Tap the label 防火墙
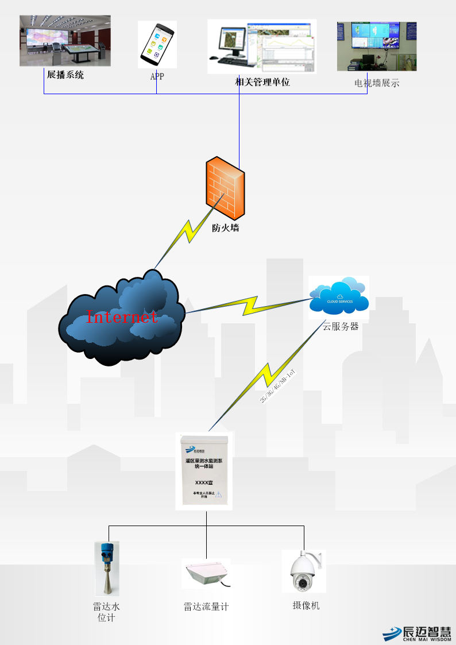coord(225,228)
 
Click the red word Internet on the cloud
coord(122,316)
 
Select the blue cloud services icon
coord(339,296)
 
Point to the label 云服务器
coord(340,326)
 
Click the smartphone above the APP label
coord(156,44)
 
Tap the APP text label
coord(157,76)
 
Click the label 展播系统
coord(65,75)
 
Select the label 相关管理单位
coord(262,82)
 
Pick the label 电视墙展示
coord(377,83)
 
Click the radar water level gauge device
coord(106,568)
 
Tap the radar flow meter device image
coord(207,573)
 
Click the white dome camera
coord(303,571)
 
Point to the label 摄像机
coord(306,605)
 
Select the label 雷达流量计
coord(206,607)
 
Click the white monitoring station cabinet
coord(204,472)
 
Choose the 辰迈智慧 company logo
coord(417,632)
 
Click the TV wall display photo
coord(377,47)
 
